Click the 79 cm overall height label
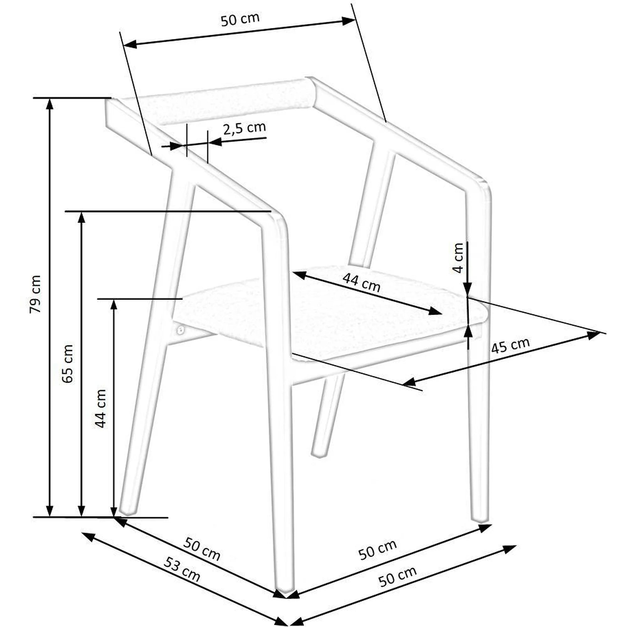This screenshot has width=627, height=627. pyautogui.click(x=35, y=294)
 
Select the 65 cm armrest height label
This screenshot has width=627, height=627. pyautogui.click(x=67, y=363)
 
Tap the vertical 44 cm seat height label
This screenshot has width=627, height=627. pyautogui.click(x=100, y=408)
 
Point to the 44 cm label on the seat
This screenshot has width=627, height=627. pyautogui.click(x=361, y=283)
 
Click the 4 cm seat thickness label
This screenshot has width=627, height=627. pyautogui.click(x=458, y=258)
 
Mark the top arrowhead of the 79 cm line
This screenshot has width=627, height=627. pyautogui.click(x=49, y=105)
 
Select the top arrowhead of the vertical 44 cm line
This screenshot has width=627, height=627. pyautogui.click(x=114, y=306)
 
